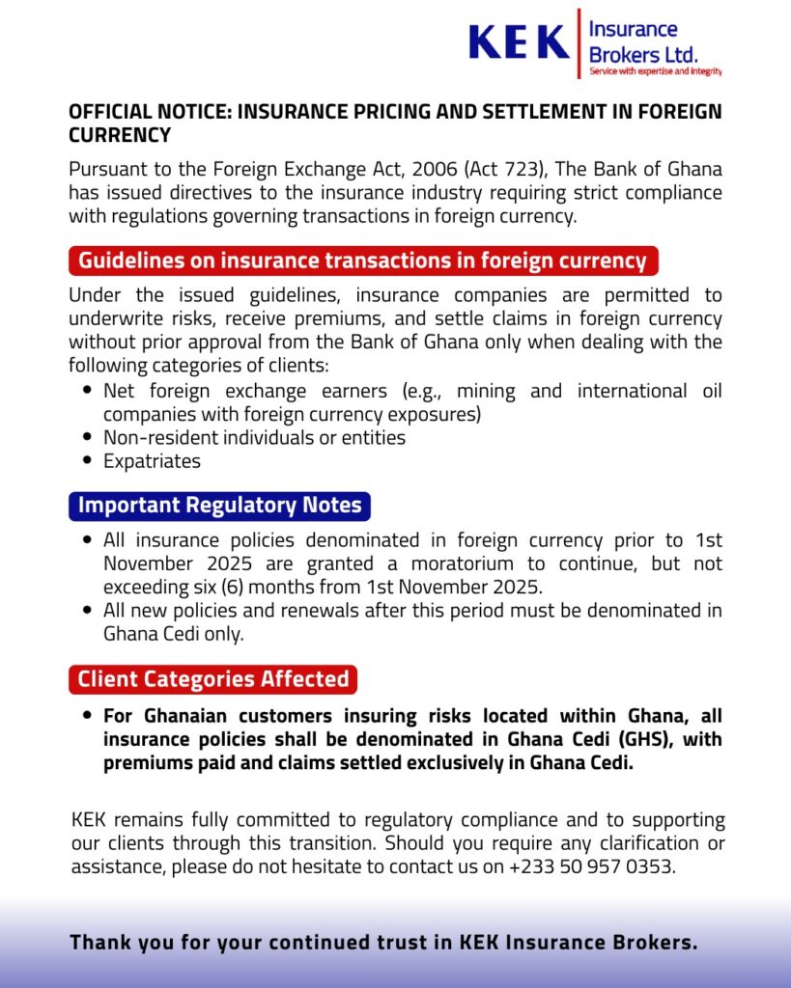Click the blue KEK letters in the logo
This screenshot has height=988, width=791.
pyautogui.click(x=519, y=42)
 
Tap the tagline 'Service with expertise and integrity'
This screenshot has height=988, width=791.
pyautogui.click(x=656, y=71)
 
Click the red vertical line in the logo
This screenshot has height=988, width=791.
pyautogui.click(x=579, y=43)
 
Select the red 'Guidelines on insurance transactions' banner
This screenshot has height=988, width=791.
pyautogui.click(x=363, y=261)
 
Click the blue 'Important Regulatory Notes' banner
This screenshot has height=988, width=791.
pyautogui.click(x=219, y=506)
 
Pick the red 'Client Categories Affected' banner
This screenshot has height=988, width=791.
pyautogui.click(x=212, y=679)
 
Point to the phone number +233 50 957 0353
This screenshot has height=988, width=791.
pyautogui.click(x=591, y=866)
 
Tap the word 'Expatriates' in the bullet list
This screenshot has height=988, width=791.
pyautogui.click(x=153, y=461)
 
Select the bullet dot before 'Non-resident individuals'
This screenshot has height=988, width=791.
pyautogui.click(x=88, y=438)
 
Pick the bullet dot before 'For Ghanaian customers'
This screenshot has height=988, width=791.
pyautogui.click(x=88, y=717)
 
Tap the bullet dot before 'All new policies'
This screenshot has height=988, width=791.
pyautogui.click(x=88, y=611)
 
